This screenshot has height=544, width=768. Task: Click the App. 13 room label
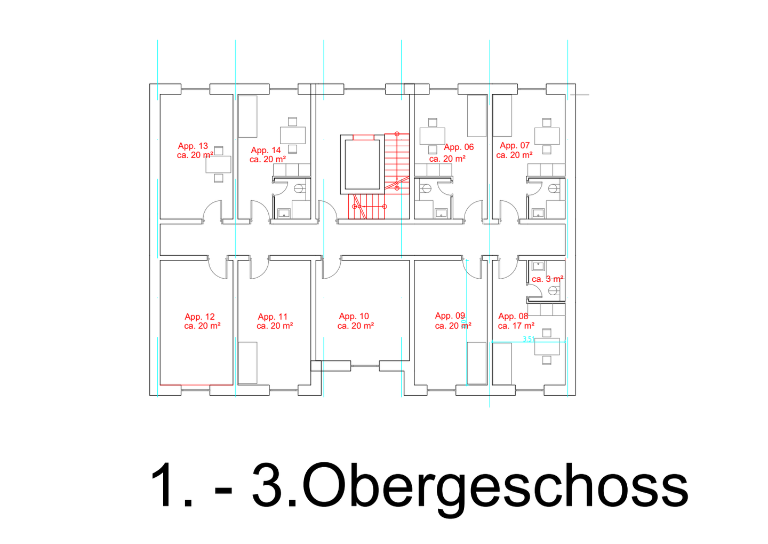coord(193,146)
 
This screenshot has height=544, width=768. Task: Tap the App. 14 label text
coord(266,151)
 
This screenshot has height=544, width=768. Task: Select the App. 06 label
coord(459,147)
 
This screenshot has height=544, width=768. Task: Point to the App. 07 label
coord(515,145)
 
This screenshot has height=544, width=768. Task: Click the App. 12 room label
coord(199,317)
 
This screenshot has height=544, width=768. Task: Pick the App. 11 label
coord(273,317)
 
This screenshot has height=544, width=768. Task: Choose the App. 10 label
coord(354,316)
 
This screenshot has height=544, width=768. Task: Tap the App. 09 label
coord(450,316)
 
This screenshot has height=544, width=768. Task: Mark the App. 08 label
coord(513,316)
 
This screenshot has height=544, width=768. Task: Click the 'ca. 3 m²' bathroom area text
coord(548,279)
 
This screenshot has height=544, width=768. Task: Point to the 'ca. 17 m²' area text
coord(516,326)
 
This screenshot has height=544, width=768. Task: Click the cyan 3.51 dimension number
coord(529,338)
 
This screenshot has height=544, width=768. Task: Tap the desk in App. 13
coord(219,164)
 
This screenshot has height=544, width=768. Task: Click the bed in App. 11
coord(247,363)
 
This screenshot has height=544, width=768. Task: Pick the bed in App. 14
coord(247,116)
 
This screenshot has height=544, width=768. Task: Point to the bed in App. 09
coord(476,363)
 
